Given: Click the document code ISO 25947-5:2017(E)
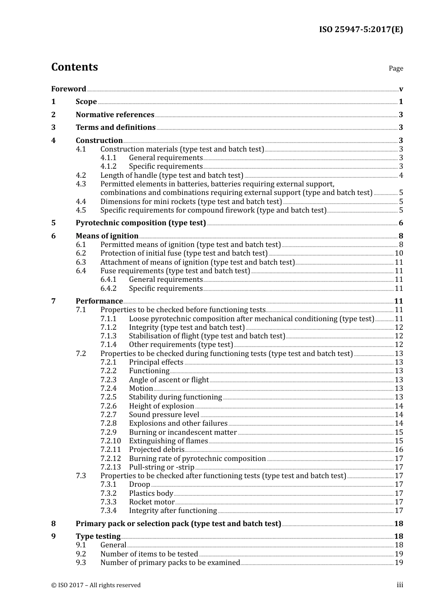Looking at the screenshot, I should [x=361, y=29].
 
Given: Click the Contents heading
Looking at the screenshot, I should [x=75, y=67].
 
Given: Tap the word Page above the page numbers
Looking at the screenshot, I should [x=396, y=68].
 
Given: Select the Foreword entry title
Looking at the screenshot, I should [x=68, y=89].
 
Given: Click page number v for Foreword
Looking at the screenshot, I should [x=401, y=89].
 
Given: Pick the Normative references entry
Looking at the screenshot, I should [x=115, y=114].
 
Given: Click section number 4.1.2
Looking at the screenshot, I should [x=108, y=166].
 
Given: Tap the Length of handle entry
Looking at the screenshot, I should [x=172, y=175].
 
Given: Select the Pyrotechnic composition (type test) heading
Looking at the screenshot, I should [x=141, y=223].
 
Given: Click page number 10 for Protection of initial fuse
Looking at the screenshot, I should [x=399, y=253].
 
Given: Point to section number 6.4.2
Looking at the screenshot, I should [x=108, y=288].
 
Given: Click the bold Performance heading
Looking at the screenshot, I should [x=99, y=301].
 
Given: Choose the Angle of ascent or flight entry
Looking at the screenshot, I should [x=169, y=380].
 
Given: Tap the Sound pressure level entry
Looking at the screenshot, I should [x=164, y=414].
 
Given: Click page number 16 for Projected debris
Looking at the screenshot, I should [x=399, y=449].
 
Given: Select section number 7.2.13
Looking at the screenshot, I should [x=110, y=467].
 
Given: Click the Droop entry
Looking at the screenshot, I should [x=139, y=484].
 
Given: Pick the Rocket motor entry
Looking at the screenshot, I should [x=152, y=502].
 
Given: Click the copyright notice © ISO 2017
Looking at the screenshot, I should [x=96, y=585].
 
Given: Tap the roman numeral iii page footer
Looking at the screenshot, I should [x=400, y=585].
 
